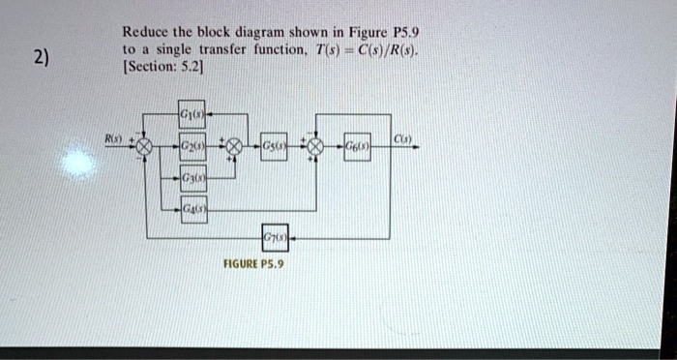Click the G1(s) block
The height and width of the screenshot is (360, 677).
(x=191, y=116)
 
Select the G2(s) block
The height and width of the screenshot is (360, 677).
(x=191, y=147)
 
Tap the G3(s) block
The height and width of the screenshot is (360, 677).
(x=191, y=180)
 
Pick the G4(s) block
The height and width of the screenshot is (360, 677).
(x=191, y=209)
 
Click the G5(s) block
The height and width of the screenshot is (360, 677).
(x=274, y=147)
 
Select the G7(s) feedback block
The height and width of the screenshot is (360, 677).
(x=274, y=237)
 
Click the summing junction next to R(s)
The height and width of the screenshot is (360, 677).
(x=145, y=147)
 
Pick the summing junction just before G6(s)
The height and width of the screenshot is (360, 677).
(x=314, y=147)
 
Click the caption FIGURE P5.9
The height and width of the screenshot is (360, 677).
(x=254, y=262)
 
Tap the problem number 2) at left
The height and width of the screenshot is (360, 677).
(x=38, y=57)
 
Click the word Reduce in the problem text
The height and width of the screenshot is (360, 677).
(x=146, y=30)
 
